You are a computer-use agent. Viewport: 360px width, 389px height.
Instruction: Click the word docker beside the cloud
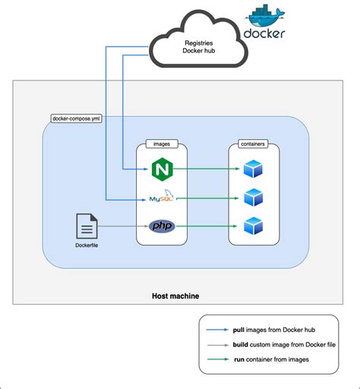coord(264,34)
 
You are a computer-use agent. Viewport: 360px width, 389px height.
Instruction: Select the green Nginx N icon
coord(160,169)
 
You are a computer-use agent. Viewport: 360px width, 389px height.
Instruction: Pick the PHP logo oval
coord(160,226)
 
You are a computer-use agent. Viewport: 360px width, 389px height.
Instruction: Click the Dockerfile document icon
coord(87,226)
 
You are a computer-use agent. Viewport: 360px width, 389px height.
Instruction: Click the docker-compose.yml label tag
coord(73,119)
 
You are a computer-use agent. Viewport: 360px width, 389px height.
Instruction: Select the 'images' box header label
coord(160,143)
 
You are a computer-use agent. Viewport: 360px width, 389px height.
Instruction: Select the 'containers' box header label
coord(253,143)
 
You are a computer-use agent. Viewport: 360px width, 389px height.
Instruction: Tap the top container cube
coord(253,169)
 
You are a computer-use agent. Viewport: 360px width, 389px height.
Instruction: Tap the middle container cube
coord(253,198)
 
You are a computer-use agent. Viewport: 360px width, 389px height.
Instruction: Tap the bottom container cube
coord(253,226)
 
